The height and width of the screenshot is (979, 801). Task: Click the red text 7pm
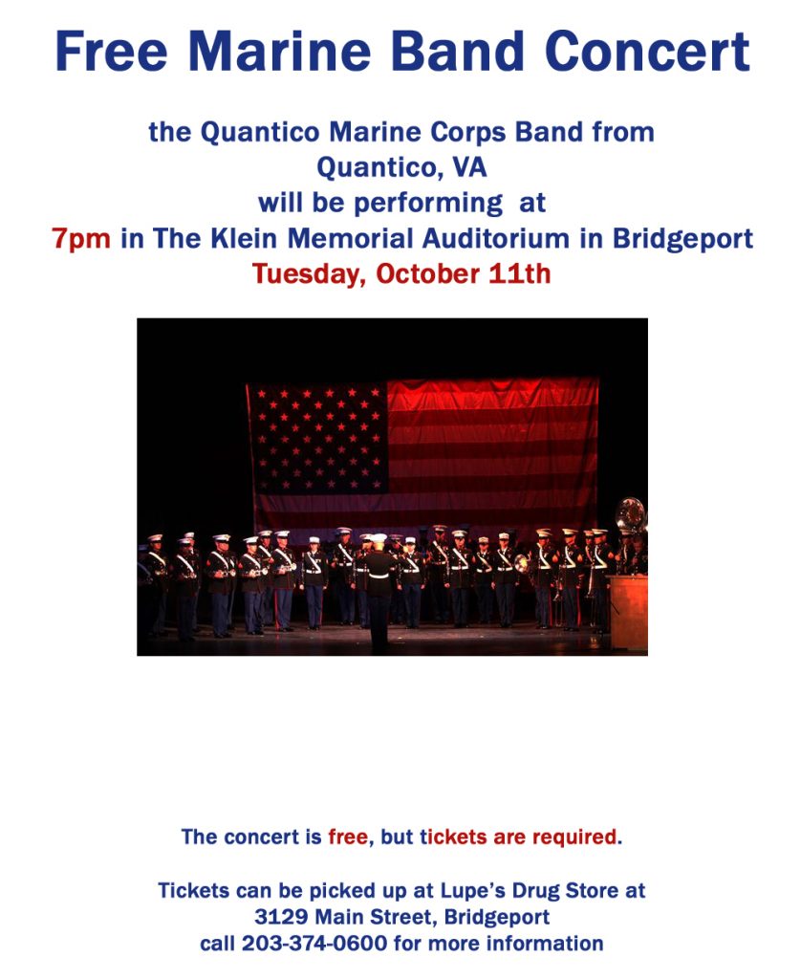(x=81, y=238)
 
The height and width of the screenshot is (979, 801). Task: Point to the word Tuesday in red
(x=308, y=274)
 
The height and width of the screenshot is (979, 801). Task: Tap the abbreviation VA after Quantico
(x=469, y=167)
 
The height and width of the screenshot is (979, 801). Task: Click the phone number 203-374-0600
(x=314, y=944)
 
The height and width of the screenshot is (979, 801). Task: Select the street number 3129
(x=281, y=917)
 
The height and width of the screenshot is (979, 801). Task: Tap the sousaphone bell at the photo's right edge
(x=631, y=515)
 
